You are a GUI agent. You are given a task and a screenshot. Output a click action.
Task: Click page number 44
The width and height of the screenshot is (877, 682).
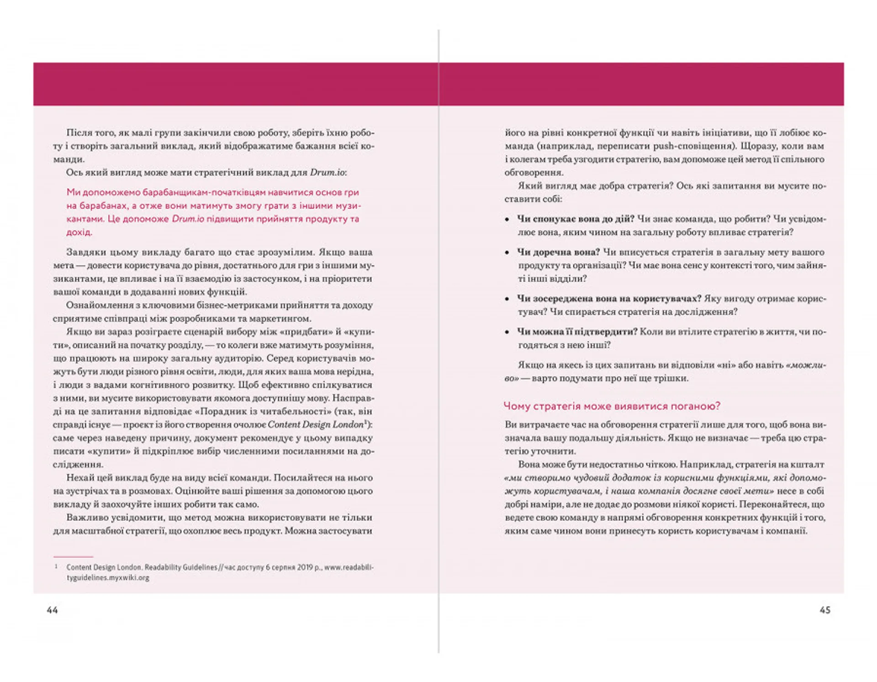tap(52, 610)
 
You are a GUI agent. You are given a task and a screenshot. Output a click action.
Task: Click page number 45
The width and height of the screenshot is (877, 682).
tap(825, 610)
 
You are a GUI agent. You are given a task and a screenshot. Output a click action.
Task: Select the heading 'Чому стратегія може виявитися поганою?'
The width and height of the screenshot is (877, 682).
tap(612, 406)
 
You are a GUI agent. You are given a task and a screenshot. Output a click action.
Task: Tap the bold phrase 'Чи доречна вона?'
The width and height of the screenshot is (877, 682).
tap(558, 252)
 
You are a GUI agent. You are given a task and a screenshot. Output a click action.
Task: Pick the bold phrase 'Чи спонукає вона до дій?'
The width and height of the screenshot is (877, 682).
tap(576, 219)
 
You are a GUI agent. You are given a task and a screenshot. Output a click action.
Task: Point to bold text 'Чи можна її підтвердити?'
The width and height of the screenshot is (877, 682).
tap(577, 332)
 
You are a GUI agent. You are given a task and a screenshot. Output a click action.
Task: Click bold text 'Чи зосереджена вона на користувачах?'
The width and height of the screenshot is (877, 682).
tap(609, 299)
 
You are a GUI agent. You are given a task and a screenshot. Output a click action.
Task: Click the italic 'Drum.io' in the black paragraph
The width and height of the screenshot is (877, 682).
tap(328, 173)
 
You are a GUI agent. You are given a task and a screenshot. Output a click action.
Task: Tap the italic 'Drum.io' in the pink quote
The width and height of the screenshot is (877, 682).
tap(188, 219)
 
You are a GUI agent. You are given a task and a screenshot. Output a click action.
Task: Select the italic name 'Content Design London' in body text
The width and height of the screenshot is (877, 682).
tap(316, 425)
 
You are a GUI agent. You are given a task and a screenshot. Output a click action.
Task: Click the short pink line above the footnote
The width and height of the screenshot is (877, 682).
tap(73, 557)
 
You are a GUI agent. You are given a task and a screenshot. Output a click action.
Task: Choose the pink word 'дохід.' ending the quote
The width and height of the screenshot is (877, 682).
tap(79, 232)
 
